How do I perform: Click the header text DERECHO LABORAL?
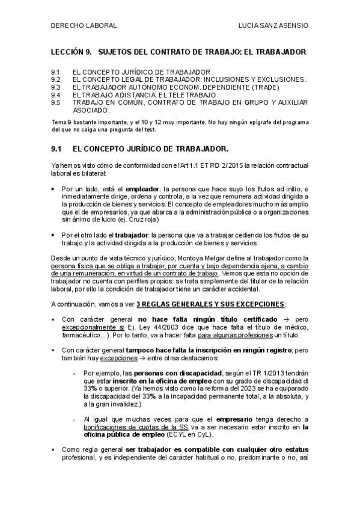click(x=84, y=26)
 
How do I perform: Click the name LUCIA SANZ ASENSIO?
click(x=273, y=26)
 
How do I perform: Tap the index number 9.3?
click(x=56, y=87)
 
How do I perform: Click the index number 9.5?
click(x=56, y=103)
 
